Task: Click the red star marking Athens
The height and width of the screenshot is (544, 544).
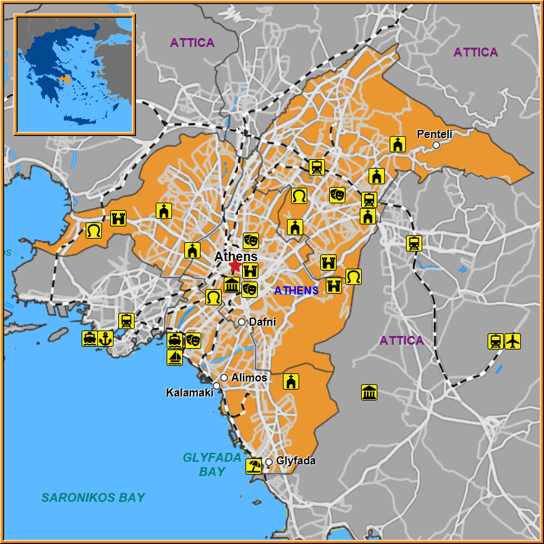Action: [235, 266]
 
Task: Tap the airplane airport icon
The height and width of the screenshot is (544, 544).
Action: [513, 341]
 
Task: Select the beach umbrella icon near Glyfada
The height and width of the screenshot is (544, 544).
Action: [254, 466]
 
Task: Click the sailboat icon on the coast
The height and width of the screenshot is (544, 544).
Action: [175, 357]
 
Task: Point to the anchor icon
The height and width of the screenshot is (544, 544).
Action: [105, 338]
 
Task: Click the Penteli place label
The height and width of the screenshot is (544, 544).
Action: [435, 134]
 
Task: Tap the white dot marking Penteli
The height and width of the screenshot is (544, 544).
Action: [437, 145]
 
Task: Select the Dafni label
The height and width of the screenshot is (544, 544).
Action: [262, 322]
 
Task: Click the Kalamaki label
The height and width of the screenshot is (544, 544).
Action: [189, 392]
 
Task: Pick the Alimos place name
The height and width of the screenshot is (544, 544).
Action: [249, 377]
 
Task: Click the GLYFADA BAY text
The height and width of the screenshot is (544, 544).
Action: [211, 464]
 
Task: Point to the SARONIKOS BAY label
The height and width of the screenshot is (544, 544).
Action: [93, 497]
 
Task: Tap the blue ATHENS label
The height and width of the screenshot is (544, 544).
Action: [296, 290]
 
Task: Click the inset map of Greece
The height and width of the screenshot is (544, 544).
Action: [75, 74]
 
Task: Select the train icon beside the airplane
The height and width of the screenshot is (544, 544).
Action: [496, 341]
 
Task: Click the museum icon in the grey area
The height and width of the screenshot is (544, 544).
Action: [369, 392]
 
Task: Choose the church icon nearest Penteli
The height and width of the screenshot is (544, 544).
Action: [398, 143]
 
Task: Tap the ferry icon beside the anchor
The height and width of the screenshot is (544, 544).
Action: [90, 338]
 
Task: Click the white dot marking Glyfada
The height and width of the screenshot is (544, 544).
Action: [269, 462]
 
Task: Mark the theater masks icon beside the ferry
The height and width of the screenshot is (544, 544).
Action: [193, 340]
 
